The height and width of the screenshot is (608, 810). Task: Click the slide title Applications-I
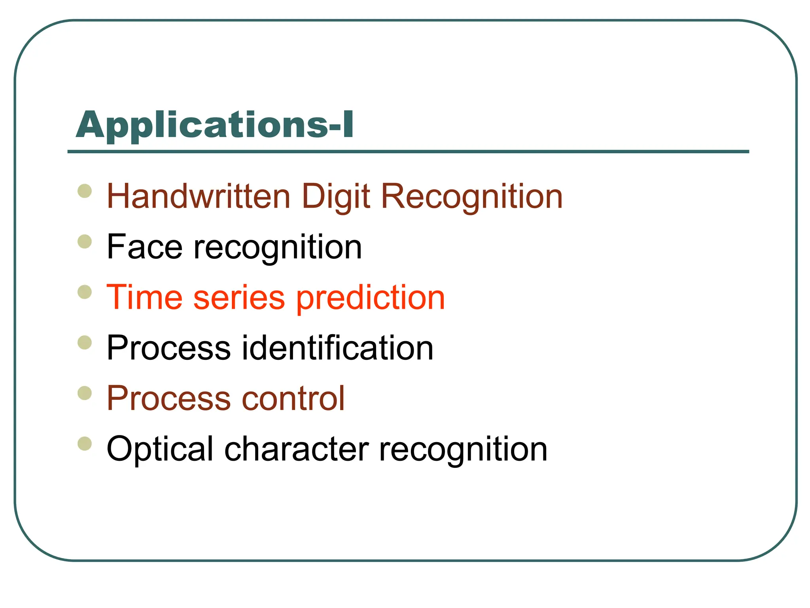click(215, 125)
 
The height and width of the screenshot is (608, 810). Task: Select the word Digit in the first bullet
click(336, 196)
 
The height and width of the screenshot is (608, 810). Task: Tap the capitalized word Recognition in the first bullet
click(471, 196)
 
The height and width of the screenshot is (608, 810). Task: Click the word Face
click(145, 247)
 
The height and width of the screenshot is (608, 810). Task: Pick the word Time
click(145, 297)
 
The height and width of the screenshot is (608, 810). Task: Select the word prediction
click(371, 298)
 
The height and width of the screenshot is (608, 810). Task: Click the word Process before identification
click(168, 348)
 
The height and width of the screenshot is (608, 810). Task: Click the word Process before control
click(168, 398)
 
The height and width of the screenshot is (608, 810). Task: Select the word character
click(297, 449)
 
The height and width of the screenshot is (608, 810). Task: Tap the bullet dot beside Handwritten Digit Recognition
click(85, 191)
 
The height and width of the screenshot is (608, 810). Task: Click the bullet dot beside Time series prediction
click(85, 292)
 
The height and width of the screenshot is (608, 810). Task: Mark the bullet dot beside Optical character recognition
click(85, 443)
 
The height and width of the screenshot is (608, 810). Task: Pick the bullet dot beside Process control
click(85, 393)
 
